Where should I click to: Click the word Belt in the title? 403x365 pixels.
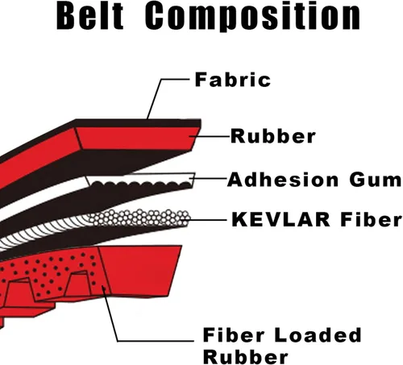coord(90,16)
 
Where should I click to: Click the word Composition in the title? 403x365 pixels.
coord(253,16)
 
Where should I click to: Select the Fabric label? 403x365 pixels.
coord(233,80)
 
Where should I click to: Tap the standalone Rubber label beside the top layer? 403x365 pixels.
coord(273,136)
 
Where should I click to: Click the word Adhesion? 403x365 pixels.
coord(283,180)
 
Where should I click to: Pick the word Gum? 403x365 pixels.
coord(376,180)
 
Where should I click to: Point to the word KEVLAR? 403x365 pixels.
coord(280,219)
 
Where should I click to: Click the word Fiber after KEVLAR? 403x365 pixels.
coord(371,219)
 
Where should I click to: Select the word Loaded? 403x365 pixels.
coord(318,335)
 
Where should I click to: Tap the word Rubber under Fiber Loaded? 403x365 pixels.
coord(246,357)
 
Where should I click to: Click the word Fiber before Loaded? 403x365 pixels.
coord(234,335)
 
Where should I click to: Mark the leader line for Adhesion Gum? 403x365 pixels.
coord(209,178)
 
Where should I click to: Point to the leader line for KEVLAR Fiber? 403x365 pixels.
coord(206,220)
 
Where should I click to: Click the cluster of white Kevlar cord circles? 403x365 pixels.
coord(139,218)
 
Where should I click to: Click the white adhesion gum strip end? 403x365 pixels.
coord(139,179)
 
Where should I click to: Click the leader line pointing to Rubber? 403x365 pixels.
coord(210,136)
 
